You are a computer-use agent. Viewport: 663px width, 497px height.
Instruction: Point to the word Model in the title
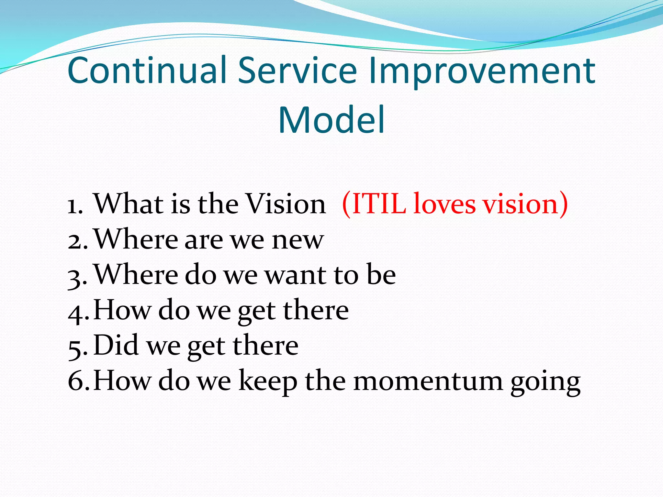331,120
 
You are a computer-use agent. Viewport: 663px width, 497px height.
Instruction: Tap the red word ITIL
379,204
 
